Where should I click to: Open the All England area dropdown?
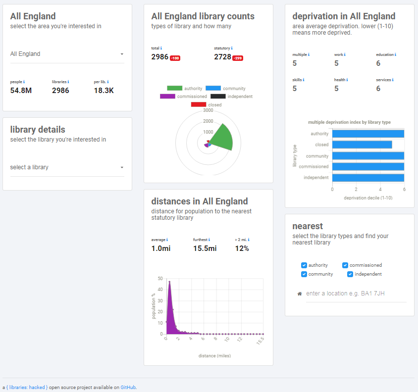(67, 54)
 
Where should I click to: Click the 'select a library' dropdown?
(67, 167)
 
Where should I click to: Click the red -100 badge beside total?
(175, 58)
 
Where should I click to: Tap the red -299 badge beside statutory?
(238, 58)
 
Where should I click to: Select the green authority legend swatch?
(174, 88)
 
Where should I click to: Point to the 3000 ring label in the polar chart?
(208, 110)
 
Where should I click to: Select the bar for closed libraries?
(362, 145)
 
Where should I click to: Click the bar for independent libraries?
(368, 178)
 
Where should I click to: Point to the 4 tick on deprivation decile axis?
(380, 190)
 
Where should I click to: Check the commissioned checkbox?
(346, 265)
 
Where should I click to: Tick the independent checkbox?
(350, 274)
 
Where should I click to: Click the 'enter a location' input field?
(356, 294)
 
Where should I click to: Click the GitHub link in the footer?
(128, 387)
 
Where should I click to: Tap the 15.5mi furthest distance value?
(205, 248)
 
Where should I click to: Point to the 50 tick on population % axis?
(160, 278)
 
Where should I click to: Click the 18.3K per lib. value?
(104, 91)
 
